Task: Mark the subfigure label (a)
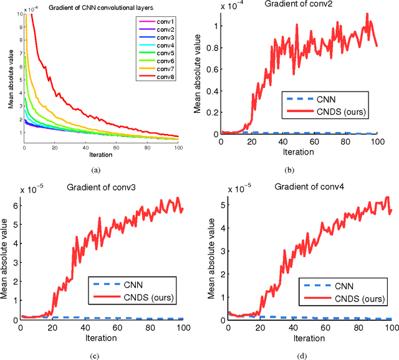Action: (x=95, y=169)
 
